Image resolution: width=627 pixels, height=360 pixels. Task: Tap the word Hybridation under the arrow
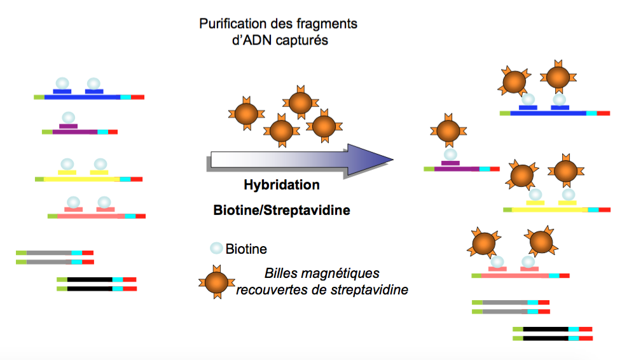pyautogui.click(x=282, y=186)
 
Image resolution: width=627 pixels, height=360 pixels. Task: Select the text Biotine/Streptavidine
pyautogui.click(x=282, y=210)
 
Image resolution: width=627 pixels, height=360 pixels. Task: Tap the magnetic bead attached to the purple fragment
pyautogui.click(x=450, y=132)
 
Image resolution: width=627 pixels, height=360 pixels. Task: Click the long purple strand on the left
pyautogui.click(x=75, y=132)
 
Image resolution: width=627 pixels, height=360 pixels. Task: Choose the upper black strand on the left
pyautogui.click(x=90, y=279)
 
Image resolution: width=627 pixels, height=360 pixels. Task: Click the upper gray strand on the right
pyautogui.click(x=505, y=302)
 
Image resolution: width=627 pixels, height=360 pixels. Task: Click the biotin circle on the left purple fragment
pyautogui.click(x=68, y=118)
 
